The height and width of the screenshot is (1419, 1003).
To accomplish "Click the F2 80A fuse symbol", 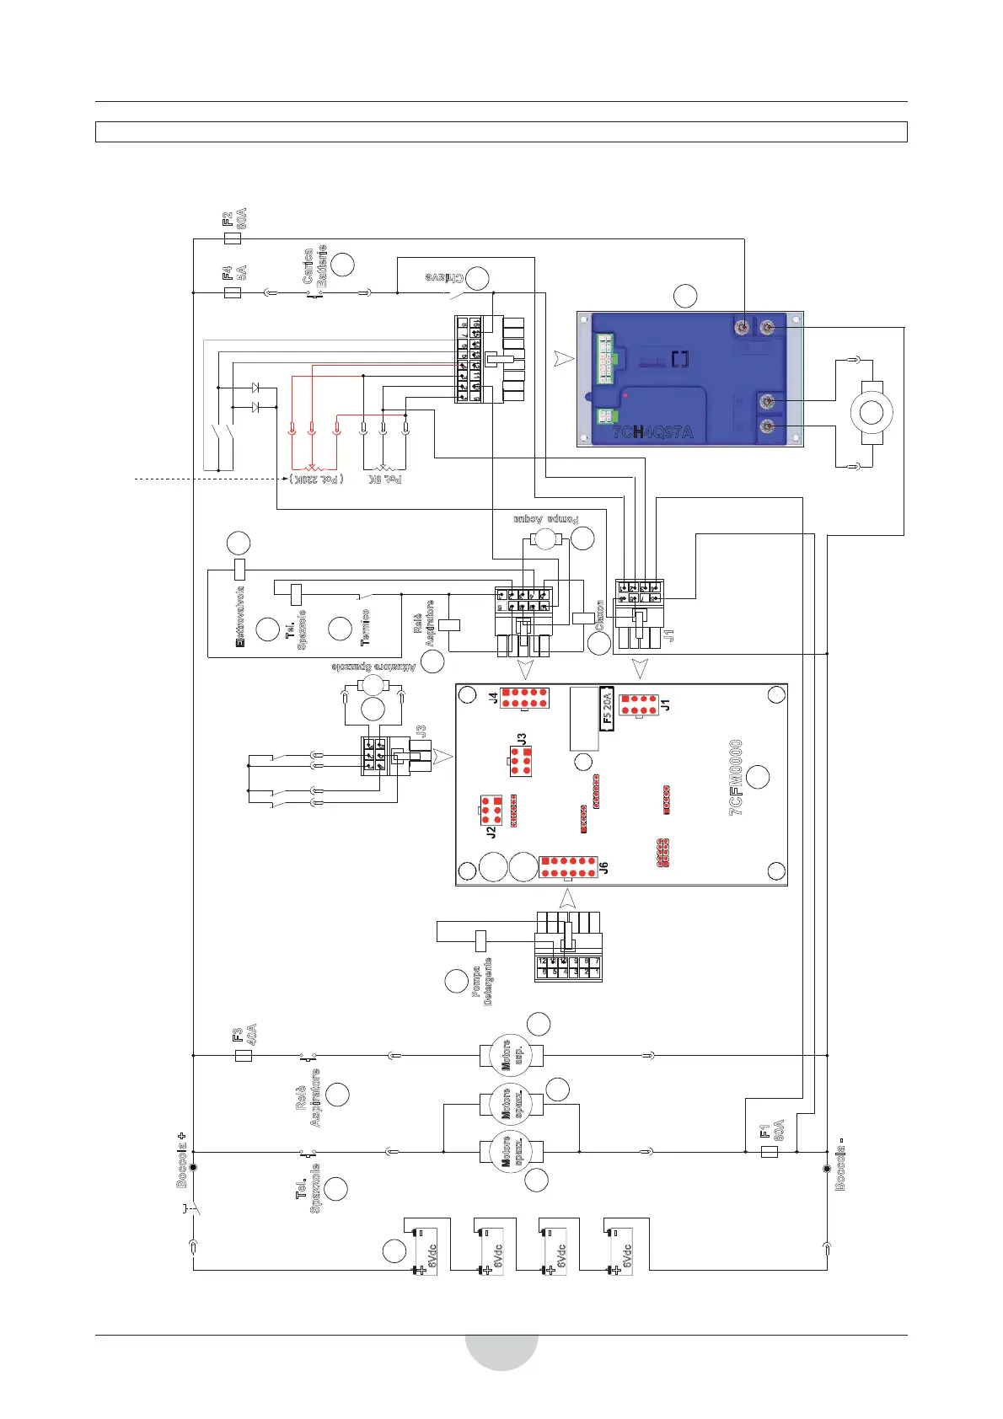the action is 233,238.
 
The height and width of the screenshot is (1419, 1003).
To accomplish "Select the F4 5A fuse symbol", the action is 233,293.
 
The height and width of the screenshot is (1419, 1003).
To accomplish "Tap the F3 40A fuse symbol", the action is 243,1055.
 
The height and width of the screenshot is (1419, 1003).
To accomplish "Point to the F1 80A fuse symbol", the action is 769,1151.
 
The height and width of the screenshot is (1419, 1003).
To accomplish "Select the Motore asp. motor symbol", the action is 512,1055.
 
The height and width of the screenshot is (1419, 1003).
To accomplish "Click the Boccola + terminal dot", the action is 193,1167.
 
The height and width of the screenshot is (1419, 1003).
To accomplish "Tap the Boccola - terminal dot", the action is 827,1168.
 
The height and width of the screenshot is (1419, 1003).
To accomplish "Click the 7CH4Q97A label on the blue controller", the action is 652,433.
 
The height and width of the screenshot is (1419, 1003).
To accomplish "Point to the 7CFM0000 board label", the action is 736,777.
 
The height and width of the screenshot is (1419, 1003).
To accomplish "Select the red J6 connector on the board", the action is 569,867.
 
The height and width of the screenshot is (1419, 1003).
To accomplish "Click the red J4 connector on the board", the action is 524,698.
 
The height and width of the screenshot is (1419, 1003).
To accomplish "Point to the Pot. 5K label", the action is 384,479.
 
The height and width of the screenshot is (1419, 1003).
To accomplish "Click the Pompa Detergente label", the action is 482,982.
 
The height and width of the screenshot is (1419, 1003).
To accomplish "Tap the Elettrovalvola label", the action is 240,617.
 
